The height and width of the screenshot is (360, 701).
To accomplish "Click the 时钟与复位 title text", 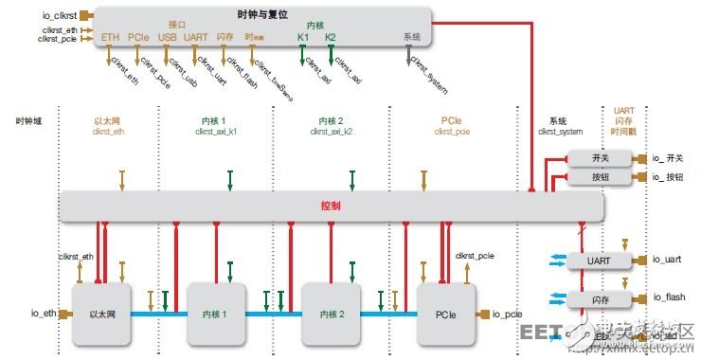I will click(261, 15).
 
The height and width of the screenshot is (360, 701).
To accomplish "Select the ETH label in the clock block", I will click(110, 38).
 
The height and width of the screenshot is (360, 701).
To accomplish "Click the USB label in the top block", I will click(167, 38).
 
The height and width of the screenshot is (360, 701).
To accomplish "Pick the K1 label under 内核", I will click(303, 38).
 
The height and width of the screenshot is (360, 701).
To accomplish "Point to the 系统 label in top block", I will click(411, 37).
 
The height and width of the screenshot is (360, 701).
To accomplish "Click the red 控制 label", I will click(331, 206).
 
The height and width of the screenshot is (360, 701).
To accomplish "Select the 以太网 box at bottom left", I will click(100, 314).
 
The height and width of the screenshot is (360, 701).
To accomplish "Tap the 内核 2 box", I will click(332, 314).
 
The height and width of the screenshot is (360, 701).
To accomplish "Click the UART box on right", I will click(598, 260).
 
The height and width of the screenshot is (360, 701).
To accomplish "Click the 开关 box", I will click(599, 158).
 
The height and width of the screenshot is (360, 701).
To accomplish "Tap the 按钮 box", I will click(599, 177).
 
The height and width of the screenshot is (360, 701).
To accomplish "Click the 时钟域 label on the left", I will click(29, 121).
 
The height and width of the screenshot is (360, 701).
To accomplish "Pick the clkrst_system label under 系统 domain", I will click(561, 132).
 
